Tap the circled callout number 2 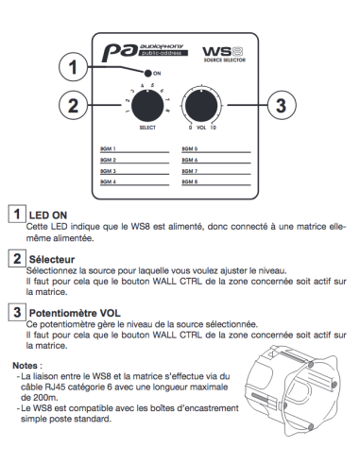[73, 105]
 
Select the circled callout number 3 [282, 105]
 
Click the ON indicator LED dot [147, 74]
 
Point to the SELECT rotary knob [147, 106]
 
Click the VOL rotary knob [201, 106]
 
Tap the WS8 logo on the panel [224, 54]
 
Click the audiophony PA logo [145, 53]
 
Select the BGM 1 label [108, 148]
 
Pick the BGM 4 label [108, 181]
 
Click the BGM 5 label [190, 148]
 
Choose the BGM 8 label [190, 181]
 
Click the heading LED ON [48, 215]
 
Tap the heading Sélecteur [52, 259]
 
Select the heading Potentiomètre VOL [75, 313]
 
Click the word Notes [25, 366]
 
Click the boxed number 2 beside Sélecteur [17, 259]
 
